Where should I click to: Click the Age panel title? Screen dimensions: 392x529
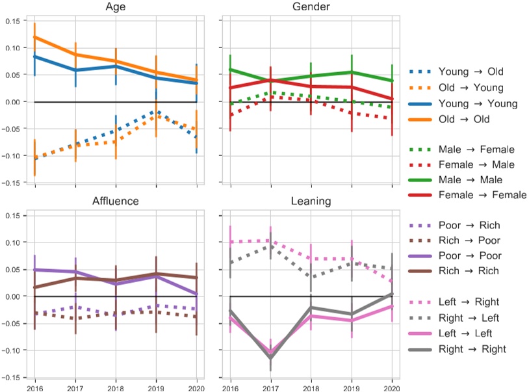116,7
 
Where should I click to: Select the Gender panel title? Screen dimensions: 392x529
311,7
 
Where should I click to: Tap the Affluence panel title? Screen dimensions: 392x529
116,201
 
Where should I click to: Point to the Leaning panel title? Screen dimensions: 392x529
311,201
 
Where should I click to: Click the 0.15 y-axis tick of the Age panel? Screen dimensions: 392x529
11,21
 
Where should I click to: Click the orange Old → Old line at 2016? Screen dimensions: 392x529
34,37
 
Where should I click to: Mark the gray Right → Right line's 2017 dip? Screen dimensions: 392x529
270,358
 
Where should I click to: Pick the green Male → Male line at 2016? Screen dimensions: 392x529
230,70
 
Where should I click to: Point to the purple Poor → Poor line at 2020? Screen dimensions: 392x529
197,294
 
